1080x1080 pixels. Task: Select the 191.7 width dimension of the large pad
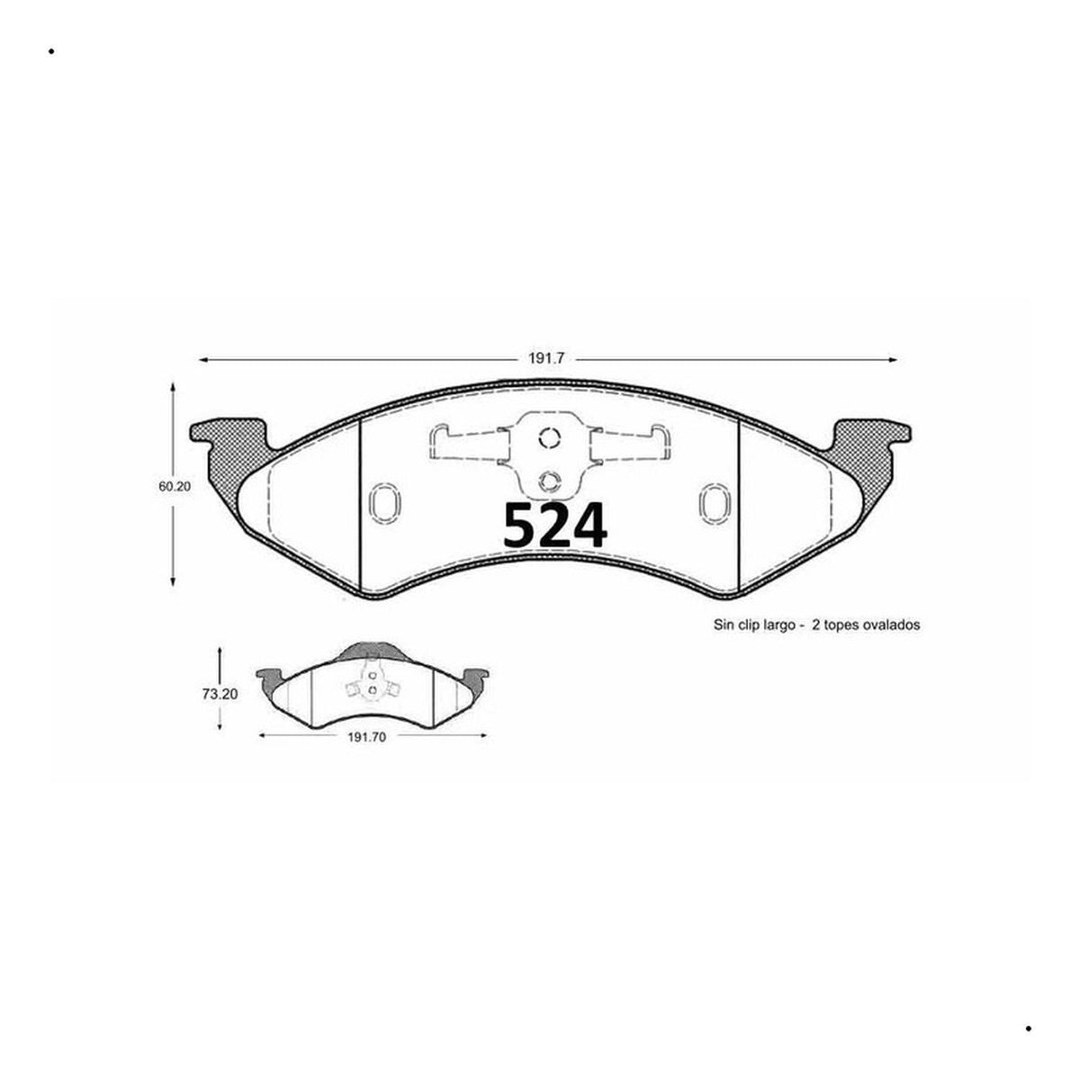tap(545, 359)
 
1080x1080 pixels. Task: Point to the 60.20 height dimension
tap(175, 487)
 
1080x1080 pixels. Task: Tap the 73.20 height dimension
tap(220, 694)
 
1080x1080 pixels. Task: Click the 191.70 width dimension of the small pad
tap(366, 738)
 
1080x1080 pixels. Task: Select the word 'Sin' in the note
tap(724, 625)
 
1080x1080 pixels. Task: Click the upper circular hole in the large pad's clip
tap(549, 437)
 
